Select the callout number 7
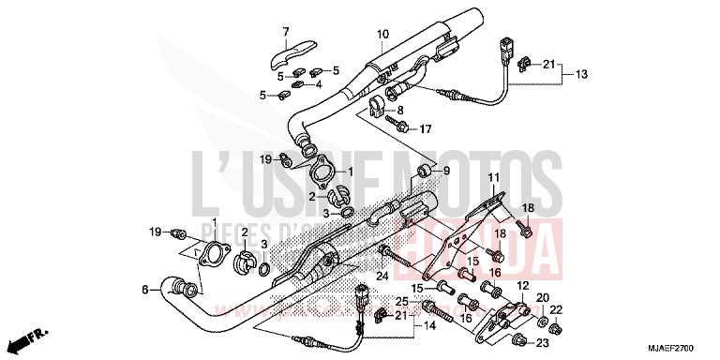(286, 34)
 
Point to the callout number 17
(424, 128)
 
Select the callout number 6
(145, 291)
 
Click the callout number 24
(382, 275)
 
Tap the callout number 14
(429, 326)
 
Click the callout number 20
(542, 297)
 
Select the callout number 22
(555, 309)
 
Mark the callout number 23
(542, 343)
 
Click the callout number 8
(412, 110)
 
